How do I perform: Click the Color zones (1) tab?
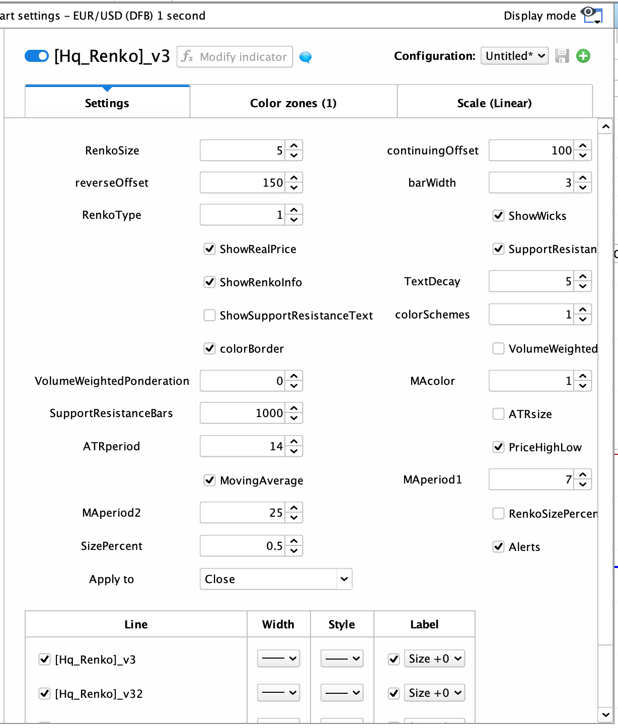[293, 103]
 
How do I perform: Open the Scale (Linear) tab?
[494, 103]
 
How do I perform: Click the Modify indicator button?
[235, 57]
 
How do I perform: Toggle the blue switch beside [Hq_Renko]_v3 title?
[37, 56]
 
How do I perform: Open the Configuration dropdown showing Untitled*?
[514, 56]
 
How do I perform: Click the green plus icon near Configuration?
[583, 56]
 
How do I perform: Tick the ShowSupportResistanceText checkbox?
[209, 315]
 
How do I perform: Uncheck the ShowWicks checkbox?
[498, 216]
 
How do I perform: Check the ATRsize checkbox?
[498, 414]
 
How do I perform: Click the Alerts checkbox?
[498, 547]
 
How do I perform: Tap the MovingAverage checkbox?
[209, 480]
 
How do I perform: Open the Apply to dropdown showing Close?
[275, 579]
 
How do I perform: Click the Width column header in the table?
[278, 624]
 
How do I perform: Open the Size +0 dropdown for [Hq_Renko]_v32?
[434, 693]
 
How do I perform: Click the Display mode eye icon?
[591, 15]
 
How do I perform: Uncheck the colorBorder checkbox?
[209, 349]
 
